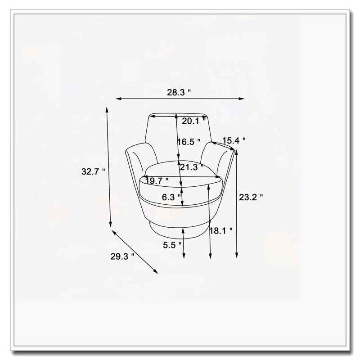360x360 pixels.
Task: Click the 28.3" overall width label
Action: (179, 92)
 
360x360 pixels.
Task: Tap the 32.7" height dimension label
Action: (93, 171)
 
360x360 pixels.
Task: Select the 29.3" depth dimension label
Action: (122, 256)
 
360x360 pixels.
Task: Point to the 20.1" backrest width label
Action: (194, 121)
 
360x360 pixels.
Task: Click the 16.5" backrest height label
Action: (189, 142)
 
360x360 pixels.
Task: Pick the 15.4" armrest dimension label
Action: (234, 140)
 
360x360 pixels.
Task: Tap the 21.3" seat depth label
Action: (192, 167)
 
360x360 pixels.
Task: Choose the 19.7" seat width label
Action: (157, 181)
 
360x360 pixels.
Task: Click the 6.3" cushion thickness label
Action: (171, 197)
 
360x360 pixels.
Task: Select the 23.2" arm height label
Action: (251, 197)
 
